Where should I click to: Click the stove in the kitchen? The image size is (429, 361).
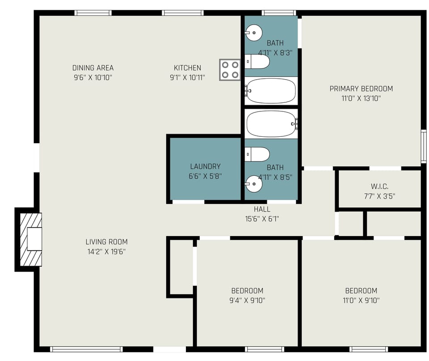230,70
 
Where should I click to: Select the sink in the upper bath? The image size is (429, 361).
253,32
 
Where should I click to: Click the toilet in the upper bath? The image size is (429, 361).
257,62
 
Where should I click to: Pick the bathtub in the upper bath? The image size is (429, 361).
271,91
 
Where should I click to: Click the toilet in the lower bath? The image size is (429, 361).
257,154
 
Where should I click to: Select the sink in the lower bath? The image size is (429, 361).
253,183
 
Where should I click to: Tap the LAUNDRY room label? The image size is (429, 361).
205,166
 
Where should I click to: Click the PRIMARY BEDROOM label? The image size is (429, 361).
361,89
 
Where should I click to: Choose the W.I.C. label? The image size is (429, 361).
379,186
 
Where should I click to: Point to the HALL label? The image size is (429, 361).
262,209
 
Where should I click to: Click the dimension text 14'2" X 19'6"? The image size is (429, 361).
106,251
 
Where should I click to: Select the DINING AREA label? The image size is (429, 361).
93,68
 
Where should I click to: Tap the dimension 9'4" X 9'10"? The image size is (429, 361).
247,300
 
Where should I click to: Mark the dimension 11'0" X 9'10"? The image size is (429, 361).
361,300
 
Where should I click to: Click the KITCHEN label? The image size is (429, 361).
187,68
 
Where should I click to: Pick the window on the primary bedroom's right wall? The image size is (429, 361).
423,146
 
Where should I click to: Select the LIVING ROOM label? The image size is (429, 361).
106,242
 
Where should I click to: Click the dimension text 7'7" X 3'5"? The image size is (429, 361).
379,195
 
